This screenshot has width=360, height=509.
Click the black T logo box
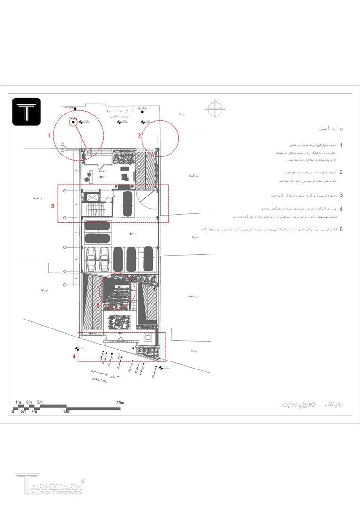(26, 111)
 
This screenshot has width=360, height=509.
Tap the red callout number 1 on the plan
(49, 135)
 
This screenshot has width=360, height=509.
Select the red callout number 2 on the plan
(139, 135)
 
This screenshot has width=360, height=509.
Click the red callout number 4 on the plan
(74, 357)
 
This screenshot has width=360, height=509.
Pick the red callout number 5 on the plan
(98, 305)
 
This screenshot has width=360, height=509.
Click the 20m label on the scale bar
(120, 402)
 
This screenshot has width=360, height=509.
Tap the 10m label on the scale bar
(66, 412)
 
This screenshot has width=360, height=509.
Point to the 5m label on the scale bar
(40, 402)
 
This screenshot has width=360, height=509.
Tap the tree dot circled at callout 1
(74, 123)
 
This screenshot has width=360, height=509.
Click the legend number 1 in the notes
(341, 146)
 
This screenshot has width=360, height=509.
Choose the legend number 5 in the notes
(341, 230)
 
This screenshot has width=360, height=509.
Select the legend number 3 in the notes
(341, 195)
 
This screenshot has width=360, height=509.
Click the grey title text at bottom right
(311, 404)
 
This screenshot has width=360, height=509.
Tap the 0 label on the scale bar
(13, 412)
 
